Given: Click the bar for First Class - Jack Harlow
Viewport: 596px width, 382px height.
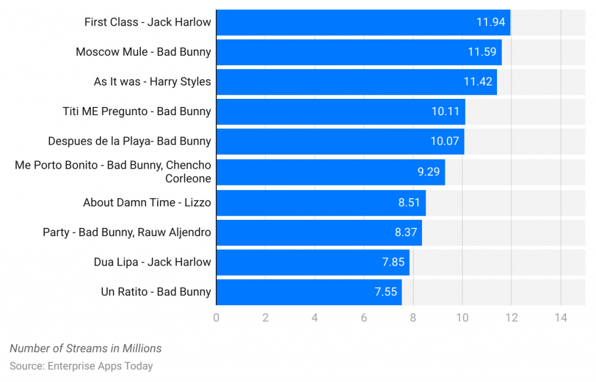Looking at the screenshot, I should tap(363, 22).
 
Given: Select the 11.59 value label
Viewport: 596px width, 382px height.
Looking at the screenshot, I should tap(482, 52).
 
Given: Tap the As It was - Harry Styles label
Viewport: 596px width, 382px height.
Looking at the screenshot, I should tap(152, 82).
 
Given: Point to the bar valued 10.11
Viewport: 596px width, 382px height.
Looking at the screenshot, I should tap(340, 112).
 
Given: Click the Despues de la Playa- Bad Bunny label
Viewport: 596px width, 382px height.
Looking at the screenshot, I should tap(129, 141).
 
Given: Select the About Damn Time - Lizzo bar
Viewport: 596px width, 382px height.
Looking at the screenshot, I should tap(321, 202).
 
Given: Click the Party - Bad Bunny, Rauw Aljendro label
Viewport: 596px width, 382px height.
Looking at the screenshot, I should tap(127, 233).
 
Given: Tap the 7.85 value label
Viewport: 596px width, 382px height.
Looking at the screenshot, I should tap(393, 262).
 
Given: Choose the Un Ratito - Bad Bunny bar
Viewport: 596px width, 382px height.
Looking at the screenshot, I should tap(308, 292).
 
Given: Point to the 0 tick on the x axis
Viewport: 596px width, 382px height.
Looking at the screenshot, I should tap(217, 318).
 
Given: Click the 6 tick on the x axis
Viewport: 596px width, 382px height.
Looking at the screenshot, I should tap(364, 318).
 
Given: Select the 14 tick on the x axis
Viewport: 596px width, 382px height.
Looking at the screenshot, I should tap(560, 318).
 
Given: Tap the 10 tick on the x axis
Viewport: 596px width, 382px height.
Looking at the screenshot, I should tap(462, 318).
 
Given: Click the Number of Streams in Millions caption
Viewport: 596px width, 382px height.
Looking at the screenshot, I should tap(86, 349).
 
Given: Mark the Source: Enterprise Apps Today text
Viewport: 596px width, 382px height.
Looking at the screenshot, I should tap(81, 366).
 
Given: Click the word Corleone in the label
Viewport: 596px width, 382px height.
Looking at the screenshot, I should tap(188, 178).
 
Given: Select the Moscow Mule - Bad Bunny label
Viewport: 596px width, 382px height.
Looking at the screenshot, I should tap(143, 52).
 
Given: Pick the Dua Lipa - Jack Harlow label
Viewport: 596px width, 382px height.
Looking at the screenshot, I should tap(152, 262).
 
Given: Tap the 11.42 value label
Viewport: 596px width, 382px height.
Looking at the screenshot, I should tap(478, 82).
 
